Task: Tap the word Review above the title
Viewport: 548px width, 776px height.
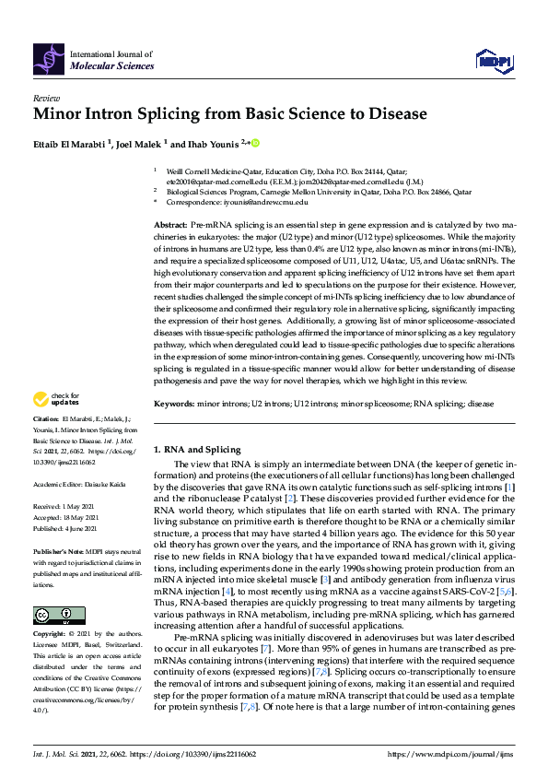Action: point(45,97)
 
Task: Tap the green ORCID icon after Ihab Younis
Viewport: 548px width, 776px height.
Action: point(255,143)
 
